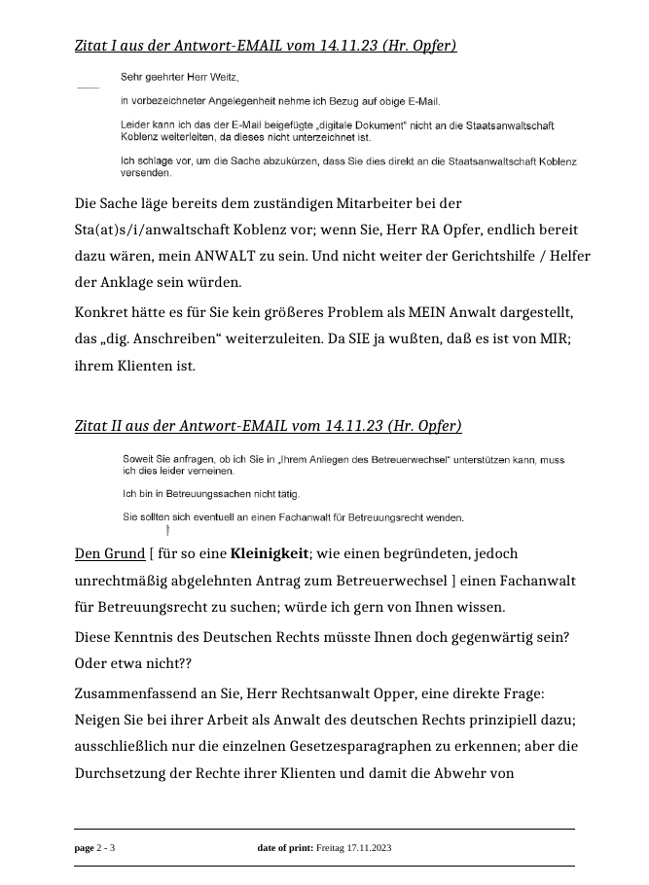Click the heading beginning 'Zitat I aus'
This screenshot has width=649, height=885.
265,46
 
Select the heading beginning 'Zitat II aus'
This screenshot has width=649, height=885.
268,426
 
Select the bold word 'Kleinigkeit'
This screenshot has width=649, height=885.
270,554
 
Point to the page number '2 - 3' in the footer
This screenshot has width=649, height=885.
106,849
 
